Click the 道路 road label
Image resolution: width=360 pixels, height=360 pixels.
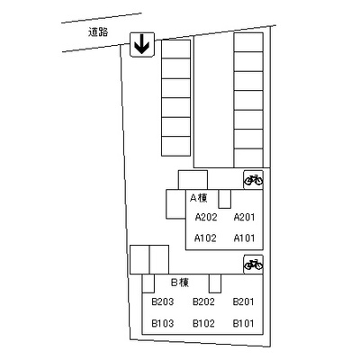(x=98, y=31)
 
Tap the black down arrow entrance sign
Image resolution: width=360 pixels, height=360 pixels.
(x=142, y=45)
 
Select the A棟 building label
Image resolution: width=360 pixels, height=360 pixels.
(x=199, y=198)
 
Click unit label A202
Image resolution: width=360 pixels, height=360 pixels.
(x=206, y=217)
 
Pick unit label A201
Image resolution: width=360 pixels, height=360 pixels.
(x=244, y=217)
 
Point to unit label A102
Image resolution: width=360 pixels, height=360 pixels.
(x=205, y=238)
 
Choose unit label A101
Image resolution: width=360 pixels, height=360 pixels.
(x=244, y=238)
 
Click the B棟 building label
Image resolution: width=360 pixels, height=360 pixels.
(x=180, y=283)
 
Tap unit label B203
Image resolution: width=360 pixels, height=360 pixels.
(x=163, y=301)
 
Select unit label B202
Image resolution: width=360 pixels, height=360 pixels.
(x=203, y=301)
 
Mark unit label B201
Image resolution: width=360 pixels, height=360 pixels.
(x=244, y=301)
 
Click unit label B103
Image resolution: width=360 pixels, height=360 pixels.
(x=163, y=323)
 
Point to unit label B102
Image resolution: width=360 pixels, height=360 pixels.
(x=203, y=323)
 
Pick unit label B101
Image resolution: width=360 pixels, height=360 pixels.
(x=244, y=323)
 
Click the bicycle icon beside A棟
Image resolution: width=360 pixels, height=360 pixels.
(x=254, y=180)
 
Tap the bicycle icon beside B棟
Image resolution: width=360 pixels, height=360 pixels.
(x=254, y=265)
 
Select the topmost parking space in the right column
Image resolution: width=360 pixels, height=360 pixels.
(x=248, y=42)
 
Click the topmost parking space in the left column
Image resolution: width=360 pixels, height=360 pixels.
(x=176, y=49)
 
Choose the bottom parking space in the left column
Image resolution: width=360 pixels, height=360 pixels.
(x=176, y=146)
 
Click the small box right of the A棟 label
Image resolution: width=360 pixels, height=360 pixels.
(x=224, y=199)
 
